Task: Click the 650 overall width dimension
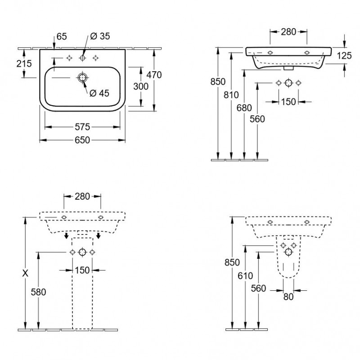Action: (82, 140)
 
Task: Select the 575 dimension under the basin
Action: (82, 127)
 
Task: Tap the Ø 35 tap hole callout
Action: (100, 36)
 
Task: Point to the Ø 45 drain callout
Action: (99, 93)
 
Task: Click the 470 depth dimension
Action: (154, 75)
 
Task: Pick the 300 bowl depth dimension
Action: (141, 86)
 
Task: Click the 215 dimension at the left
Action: (24, 63)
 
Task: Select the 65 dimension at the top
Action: (62, 36)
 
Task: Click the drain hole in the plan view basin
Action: (82, 78)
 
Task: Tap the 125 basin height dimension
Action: (344, 55)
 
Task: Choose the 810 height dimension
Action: (231, 95)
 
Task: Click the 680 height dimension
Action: (244, 108)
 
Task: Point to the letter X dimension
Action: (25, 273)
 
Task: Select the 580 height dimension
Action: (38, 292)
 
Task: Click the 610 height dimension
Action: (245, 275)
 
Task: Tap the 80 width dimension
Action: (288, 297)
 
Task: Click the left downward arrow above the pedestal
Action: (66, 235)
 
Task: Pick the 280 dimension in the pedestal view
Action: (82, 197)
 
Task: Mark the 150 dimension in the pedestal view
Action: (82, 270)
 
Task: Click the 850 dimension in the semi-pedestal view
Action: (232, 262)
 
